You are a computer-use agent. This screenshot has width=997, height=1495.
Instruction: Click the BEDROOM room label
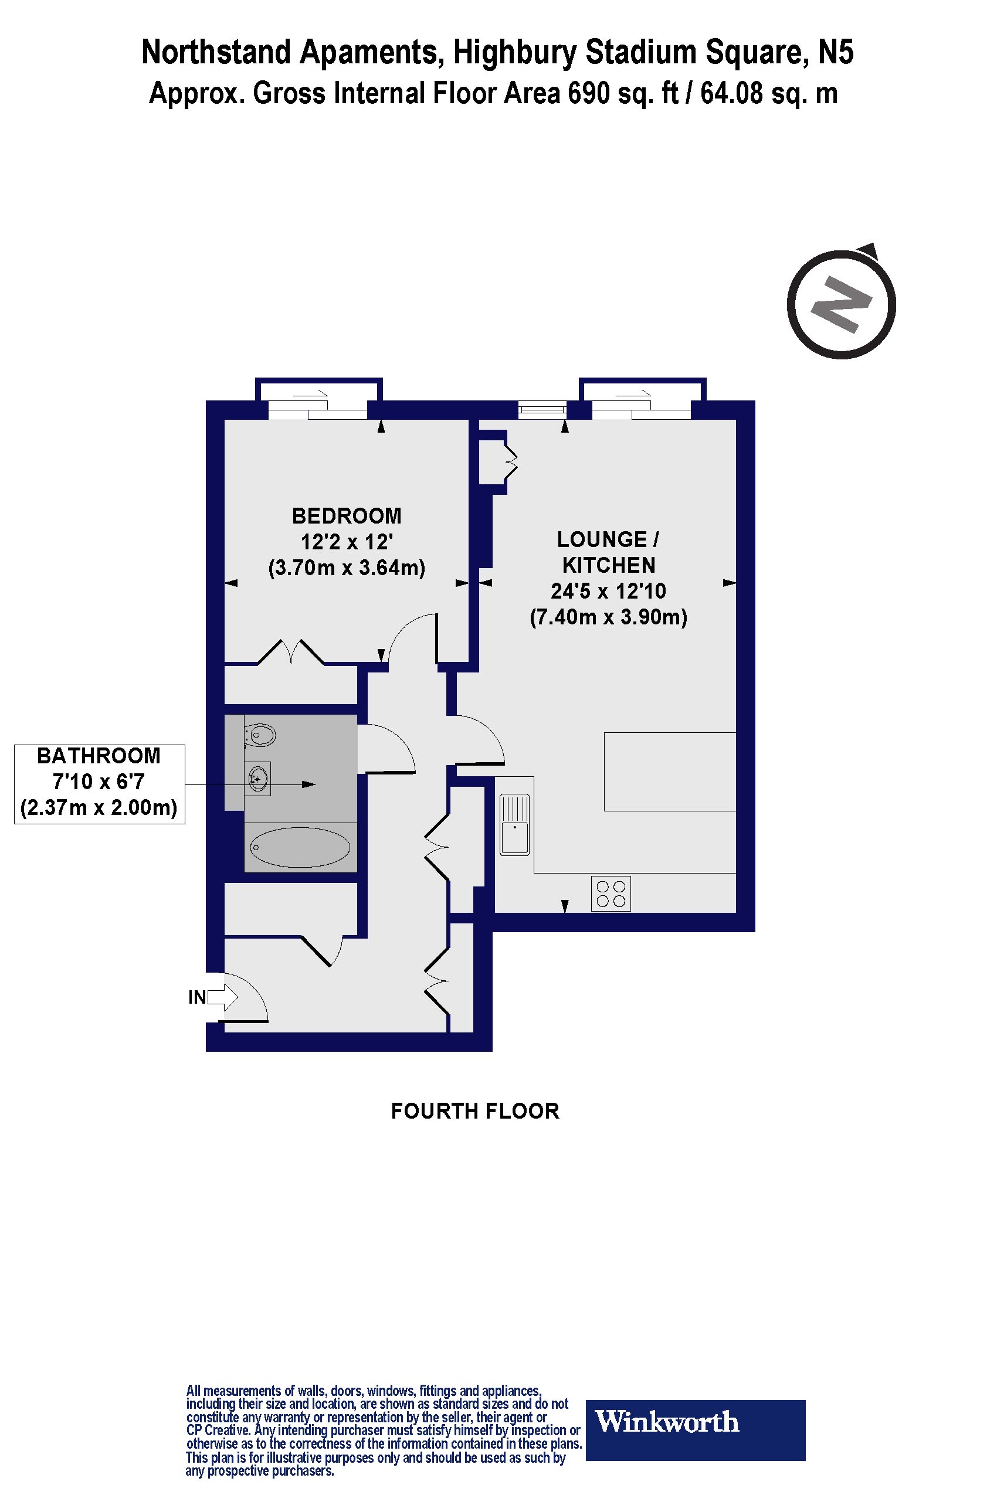pyautogui.click(x=347, y=515)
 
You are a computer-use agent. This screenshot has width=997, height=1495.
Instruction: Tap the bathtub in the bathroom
pyautogui.click(x=300, y=847)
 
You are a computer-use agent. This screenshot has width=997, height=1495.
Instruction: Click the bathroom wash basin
pyautogui.click(x=258, y=778)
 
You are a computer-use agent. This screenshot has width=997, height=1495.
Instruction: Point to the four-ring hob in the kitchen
pyautogui.click(x=611, y=893)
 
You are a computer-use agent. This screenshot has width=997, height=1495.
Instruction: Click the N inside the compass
pyautogui.click(x=840, y=305)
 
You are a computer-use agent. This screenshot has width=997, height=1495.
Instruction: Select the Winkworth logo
pyautogui.click(x=695, y=1422)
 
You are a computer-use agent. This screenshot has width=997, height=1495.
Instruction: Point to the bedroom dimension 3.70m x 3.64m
pyautogui.click(x=347, y=568)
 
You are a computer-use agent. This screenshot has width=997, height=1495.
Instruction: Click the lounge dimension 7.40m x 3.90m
pyautogui.click(x=609, y=617)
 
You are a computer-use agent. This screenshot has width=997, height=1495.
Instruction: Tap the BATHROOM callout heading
pyautogui.click(x=99, y=756)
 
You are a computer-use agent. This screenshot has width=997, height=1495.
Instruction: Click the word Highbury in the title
pyautogui.click(x=515, y=53)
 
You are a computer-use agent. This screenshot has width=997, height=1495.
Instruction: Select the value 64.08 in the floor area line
pyautogui.click(x=731, y=94)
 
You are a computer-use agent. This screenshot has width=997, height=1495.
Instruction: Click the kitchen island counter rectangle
pyautogui.click(x=670, y=771)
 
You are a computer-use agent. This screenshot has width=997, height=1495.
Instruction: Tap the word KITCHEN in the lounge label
pyautogui.click(x=609, y=565)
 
